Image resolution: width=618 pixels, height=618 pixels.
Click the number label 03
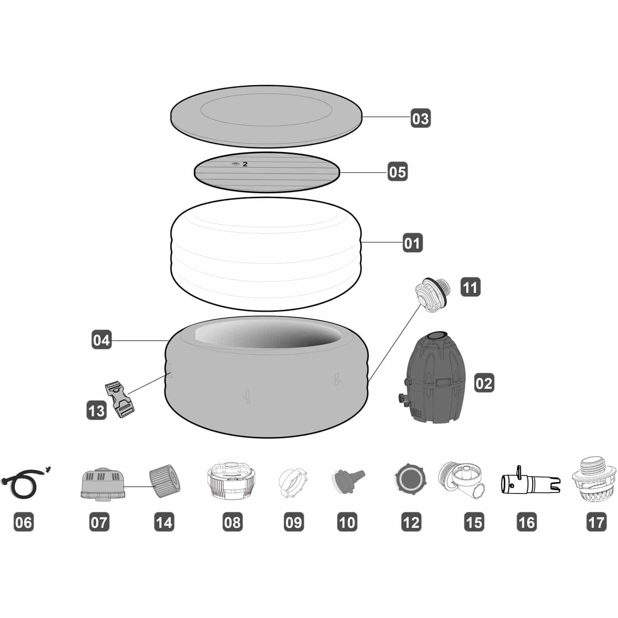point(421,118)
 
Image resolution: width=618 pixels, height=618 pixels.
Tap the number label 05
point(398,172)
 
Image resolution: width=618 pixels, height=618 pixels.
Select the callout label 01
point(412,243)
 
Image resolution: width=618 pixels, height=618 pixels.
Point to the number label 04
point(101,340)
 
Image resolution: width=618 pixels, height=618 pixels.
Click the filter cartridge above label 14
point(164,481)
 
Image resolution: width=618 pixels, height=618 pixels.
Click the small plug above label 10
point(346,480)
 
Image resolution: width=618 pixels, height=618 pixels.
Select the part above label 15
point(461,480)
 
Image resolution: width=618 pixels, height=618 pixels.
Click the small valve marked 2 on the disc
point(235,164)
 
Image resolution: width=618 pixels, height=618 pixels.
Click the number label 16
point(527,522)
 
